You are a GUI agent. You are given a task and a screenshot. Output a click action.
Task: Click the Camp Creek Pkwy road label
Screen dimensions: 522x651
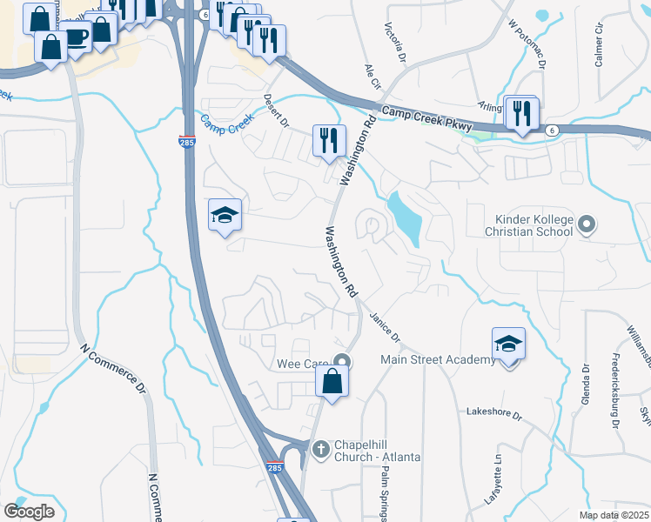pyautogui.click(x=427, y=119)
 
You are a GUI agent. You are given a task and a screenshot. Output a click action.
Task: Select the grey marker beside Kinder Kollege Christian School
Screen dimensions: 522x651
pyautogui.click(x=586, y=226)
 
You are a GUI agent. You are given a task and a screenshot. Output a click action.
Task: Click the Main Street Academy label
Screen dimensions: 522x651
pyautogui.click(x=438, y=359)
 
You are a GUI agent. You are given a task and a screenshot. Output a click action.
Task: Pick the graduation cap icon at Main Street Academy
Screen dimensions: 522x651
pyautogui.click(x=508, y=344)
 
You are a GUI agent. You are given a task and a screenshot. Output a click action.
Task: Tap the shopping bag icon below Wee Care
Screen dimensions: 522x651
pyautogui.click(x=332, y=381)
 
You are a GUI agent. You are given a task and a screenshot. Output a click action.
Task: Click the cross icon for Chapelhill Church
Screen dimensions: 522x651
pyautogui.click(x=320, y=448)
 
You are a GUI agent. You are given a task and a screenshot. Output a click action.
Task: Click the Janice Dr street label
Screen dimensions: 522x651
pyautogui.click(x=384, y=326)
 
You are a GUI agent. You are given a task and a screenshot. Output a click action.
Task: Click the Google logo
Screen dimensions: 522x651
pyautogui.click(x=29, y=511)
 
